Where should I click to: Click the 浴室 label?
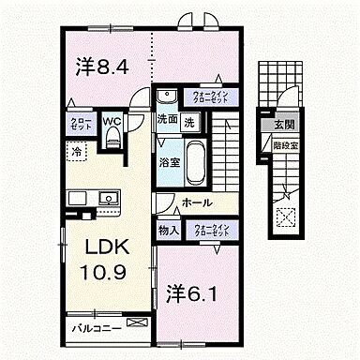(168, 161)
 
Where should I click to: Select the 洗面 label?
(166, 121)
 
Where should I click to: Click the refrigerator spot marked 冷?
(74, 151)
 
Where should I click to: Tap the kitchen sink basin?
(106, 199)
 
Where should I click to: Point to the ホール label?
(196, 203)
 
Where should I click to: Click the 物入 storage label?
(168, 230)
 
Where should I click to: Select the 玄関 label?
(283, 124)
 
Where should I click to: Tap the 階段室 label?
(283, 147)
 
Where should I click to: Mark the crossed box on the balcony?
(137, 324)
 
